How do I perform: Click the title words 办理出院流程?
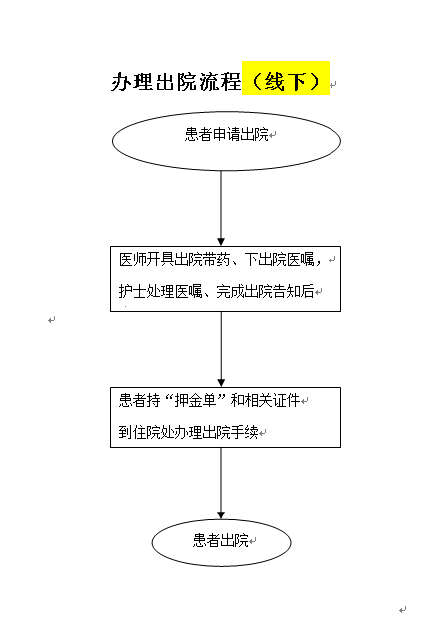click(x=176, y=82)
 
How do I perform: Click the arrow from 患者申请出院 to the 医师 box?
click(x=221, y=208)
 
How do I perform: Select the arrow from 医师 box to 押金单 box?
click(x=221, y=350)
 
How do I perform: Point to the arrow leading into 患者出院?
click(x=221, y=484)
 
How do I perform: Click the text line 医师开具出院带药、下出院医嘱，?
click(x=221, y=260)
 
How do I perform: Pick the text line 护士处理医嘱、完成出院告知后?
click(x=216, y=292)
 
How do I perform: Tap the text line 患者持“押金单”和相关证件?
click(x=209, y=401)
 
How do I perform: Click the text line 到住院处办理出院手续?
click(x=188, y=432)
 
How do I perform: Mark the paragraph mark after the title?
click(x=332, y=85)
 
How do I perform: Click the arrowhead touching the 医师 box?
click(x=221, y=242)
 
